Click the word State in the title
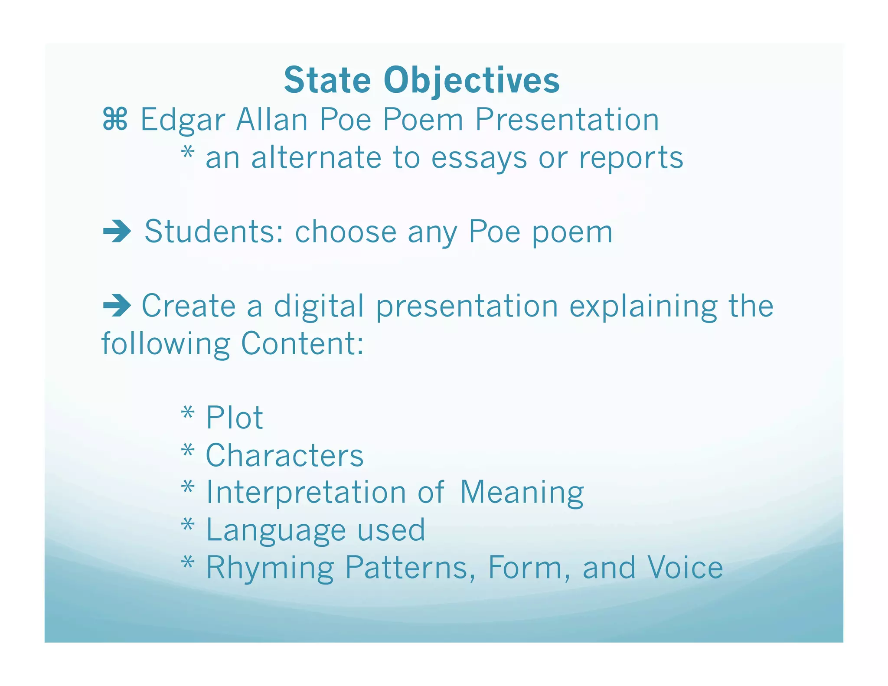click(x=327, y=81)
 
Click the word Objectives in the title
click(x=472, y=81)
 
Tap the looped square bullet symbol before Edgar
click(x=115, y=120)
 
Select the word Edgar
click(x=183, y=120)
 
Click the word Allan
click(x=272, y=120)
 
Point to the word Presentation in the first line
click(x=567, y=120)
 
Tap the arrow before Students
click(x=117, y=232)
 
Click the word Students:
click(x=214, y=232)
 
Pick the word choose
click(x=346, y=232)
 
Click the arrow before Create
click(x=117, y=306)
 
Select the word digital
click(x=319, y=306)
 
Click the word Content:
click(x=302, y=343)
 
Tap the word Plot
click(x=234, y=418)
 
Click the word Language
click(x=276, y=530)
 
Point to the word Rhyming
click(x=270, y=568)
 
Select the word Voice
click(x=685, y=568)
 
